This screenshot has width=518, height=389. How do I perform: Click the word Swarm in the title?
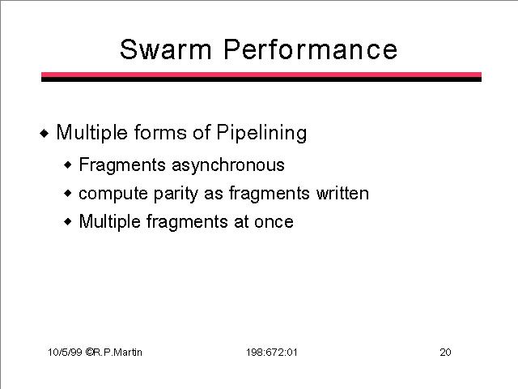tap(165, 49)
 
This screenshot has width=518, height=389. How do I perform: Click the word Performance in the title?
tap(311, 49)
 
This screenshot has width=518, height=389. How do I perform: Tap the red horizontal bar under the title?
tap(261, 75)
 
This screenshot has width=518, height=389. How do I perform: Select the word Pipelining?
tap(261, 133)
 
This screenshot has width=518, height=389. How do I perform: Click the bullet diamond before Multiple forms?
tap(45, 134)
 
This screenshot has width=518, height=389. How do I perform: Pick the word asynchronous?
tap(228, 165)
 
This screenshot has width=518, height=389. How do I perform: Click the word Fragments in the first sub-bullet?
tap(122, 165)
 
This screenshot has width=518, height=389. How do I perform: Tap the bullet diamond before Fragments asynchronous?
tap(68, 165)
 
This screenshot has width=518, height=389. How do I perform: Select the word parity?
tap(176, 194)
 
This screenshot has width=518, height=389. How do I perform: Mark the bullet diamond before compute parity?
tap(68, 193)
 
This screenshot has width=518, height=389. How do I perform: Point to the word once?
tap(274, 222)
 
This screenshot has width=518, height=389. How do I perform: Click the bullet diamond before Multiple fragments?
tap(68, 221)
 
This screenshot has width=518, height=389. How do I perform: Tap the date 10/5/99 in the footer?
tap(65, 352)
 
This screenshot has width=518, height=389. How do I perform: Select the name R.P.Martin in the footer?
tap(117, 352)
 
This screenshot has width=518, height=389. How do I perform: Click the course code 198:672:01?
tap(272, 353)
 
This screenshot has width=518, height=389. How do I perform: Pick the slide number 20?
tap(445, 353)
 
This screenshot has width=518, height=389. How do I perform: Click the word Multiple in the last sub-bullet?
tap(110, 222)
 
